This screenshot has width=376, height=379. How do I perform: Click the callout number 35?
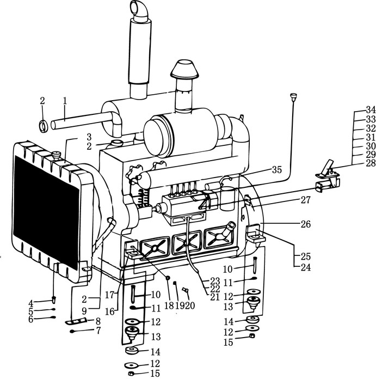click(277, 170)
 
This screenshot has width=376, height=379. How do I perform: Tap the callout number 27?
click(305, 200)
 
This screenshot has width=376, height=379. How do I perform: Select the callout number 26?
click(305, 224)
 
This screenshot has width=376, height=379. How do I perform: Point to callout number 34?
click(371, 110)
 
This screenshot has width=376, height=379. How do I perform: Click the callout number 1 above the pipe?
click(65, 101)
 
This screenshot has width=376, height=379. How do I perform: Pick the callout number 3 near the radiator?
click(89, 137)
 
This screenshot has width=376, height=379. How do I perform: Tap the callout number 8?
click(98, 321)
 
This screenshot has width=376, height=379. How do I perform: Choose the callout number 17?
click(109, 295)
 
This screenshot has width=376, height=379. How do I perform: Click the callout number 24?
click(305, 267)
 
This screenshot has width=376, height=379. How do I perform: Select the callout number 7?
click(98, 331)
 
